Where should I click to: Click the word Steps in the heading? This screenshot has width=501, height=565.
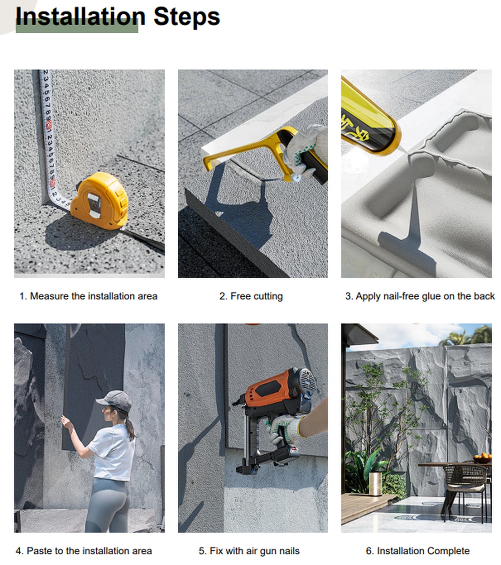pyautogui.click(x=186, y=16)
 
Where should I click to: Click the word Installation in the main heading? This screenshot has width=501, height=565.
pyautogui.click(x=80, y=16)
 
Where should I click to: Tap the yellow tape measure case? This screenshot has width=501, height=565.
pyautogui.click(x=100, y=201)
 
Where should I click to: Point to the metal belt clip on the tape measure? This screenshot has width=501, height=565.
pyautogui.click(x=93, y=205)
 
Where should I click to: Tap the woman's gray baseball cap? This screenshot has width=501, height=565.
pyautogui.click(x=115, y=401)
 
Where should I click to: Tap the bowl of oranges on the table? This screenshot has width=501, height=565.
pyautogui.click(x=482, y=458)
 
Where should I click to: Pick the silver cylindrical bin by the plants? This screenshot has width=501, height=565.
pyautogui.click(x=375, y=483)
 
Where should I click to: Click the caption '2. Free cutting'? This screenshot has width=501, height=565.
pyautogui.click(x=250, y=296)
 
